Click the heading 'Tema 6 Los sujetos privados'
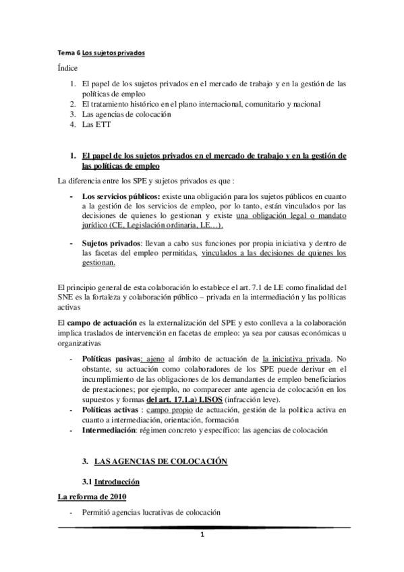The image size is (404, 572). [x=100, y=52]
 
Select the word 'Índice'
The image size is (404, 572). [x=67, y=68]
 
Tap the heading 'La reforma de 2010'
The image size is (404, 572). [x=90, y=478]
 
